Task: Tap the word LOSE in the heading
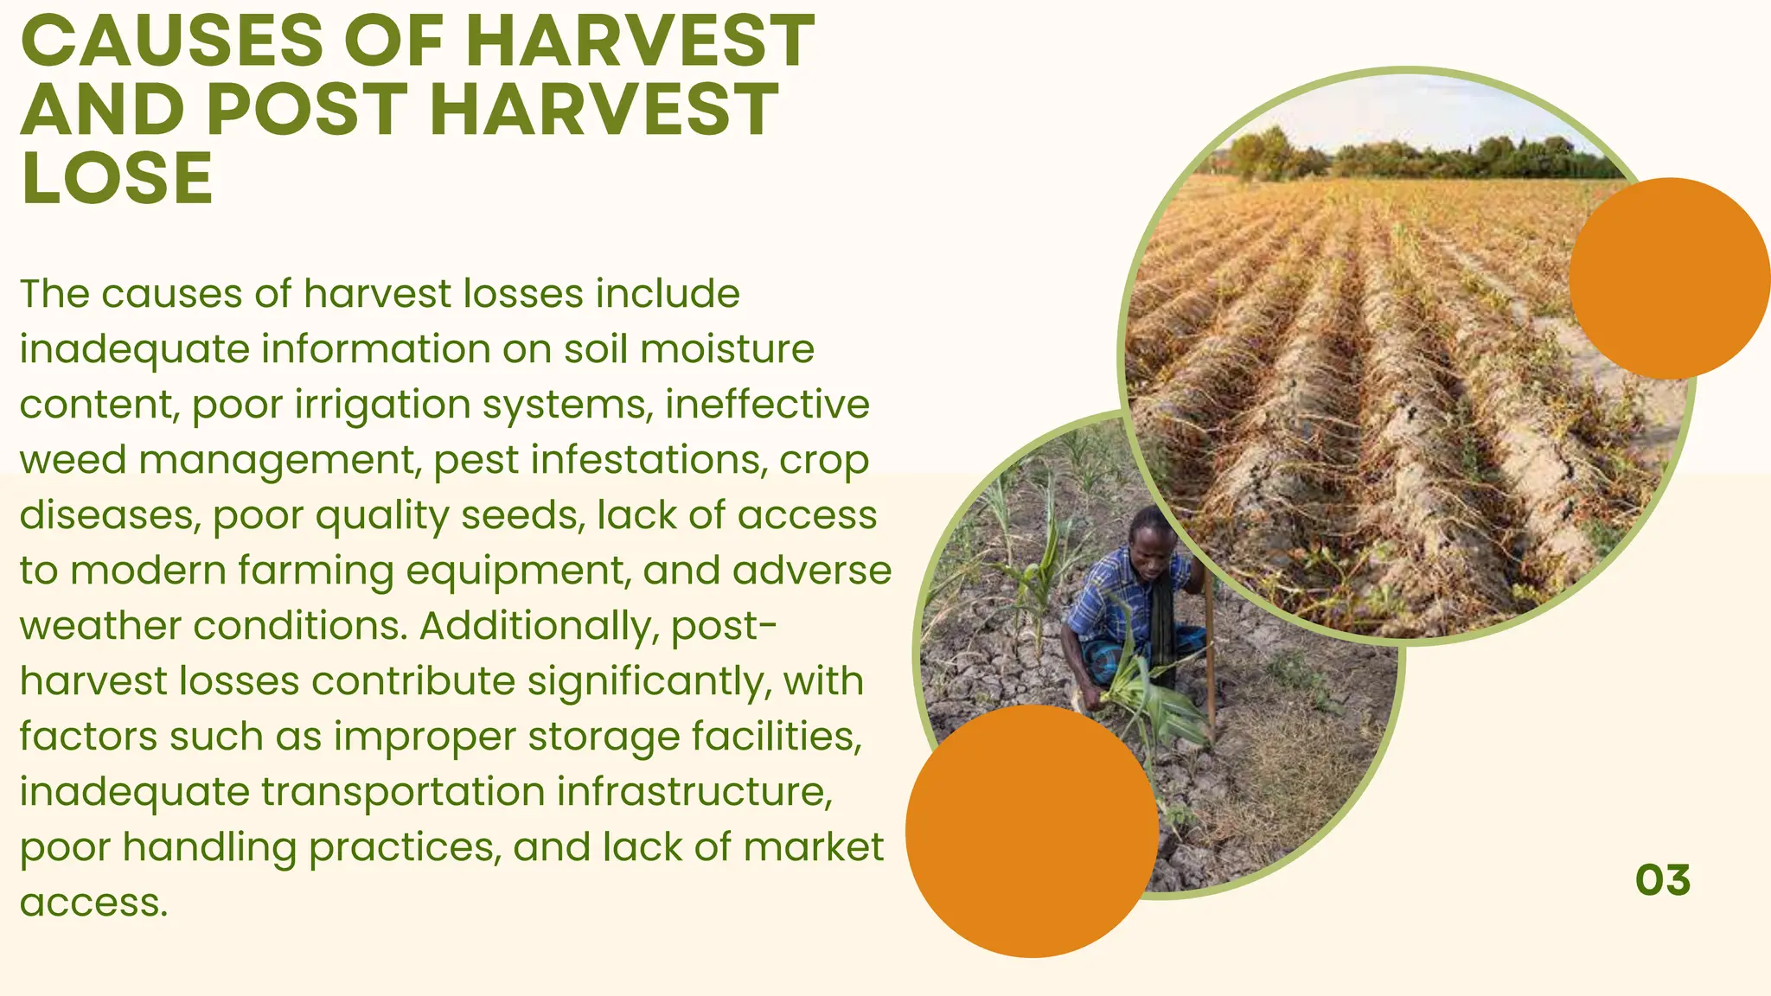[x=117, y=179]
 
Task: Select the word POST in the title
[x=307, y=110]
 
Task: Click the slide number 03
[x=1662, y=880]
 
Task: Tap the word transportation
[x=404, y=792]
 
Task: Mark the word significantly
[x=649, y=681]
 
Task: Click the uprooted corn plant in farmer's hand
[x=1150, y=700]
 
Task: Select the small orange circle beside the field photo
[x=1669, y=278]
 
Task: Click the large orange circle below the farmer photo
[x=1033, y=831]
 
